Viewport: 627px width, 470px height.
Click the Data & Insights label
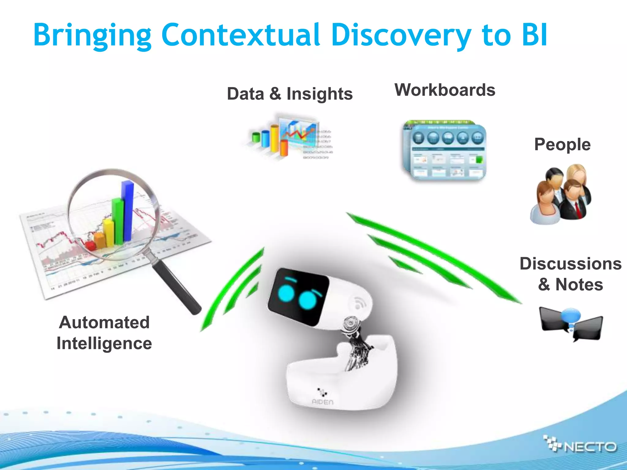pos(290,94)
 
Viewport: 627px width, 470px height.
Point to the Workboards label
pos(445,90)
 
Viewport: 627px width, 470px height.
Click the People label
pos(562,144)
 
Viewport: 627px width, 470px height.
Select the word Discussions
pos(570,264)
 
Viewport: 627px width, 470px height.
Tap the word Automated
pos(104,322)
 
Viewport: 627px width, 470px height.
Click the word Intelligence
pos(104,343)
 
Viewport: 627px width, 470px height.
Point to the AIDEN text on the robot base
pos(322,402)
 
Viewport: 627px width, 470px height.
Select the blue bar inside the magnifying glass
pos(128,211)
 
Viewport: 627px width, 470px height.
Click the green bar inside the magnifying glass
pos(118,222)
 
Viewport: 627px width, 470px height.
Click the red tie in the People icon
pos(578,210)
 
